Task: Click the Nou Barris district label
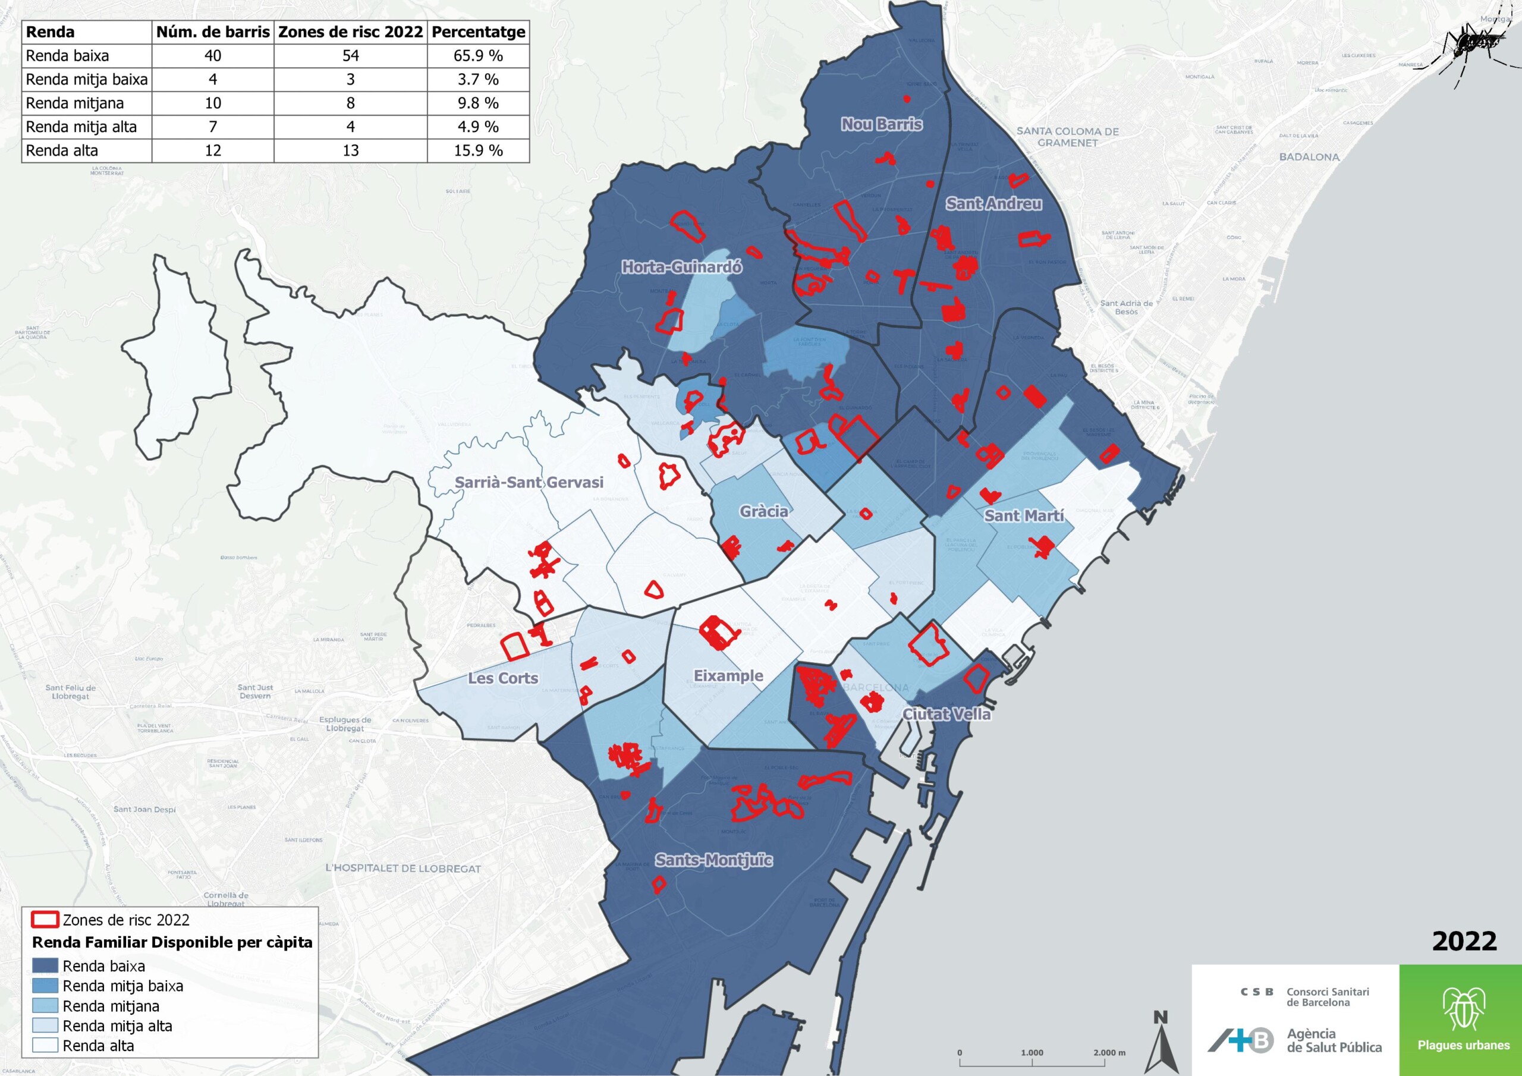pyautogui.click(x=882, y=124)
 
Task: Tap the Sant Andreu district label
pyautogui.click(x=993, y=203)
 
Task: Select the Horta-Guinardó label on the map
pyautogui.click(x=681, y=267)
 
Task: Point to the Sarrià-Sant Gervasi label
pyautogui.click(x=529, y=482)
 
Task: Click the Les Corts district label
pyautogui.click(x=502, y=678)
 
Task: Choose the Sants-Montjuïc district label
pyautogui.click(x=713, y=860)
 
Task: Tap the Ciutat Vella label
pyautogui.click(x=946, y=714)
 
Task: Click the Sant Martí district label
pyautogui.click(x=1024, y=515)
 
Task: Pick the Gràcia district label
pyautogui.click(x=763, y=511)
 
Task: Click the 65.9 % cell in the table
pyautogui.click(x=478, y=56)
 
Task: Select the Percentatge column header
pyautogui.click(x=478, y=32)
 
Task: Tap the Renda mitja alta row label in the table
pyautogui.click(x=81, y=127)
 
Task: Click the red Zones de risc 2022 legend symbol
pyautogui.click(x=45, y=920)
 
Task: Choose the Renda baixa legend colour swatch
pyautogui.click(x=45, y=966)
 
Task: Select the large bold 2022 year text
pyautogui.click(x=1464, y=942)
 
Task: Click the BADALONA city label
pyautogui.click(x=1309, y=157)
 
